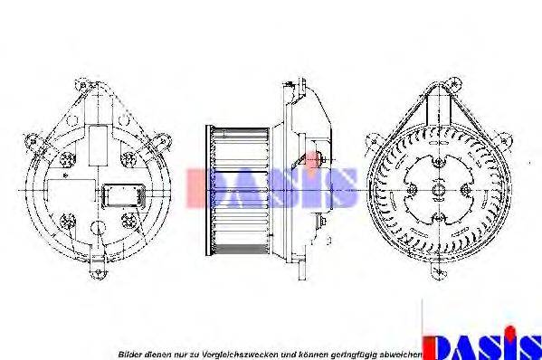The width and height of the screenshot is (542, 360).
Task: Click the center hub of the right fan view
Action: coord(439,191)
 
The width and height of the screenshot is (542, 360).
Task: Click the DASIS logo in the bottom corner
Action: coord(481,343)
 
